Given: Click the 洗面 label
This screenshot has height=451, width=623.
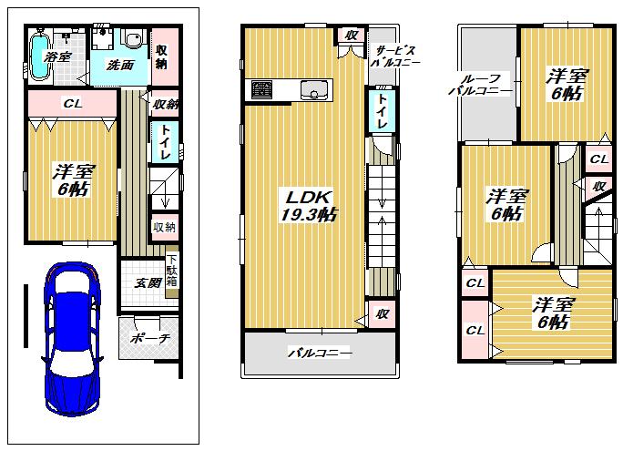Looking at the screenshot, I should pyautogui.click(x=119, y=66).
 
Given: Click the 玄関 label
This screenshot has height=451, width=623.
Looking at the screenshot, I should pyautogui.click(x=148, y=282).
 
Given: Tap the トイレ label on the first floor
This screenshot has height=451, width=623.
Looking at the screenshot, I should pyautogui.click(x=166, y=144).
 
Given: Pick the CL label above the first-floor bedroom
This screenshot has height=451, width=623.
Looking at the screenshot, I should pyautogui.click(x=72, y=104).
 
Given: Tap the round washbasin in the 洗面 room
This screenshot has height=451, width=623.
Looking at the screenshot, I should pyautogui.click(x=134, y=41).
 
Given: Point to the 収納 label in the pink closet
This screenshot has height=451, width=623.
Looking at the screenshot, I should pyautogui.click(x=161, y=56).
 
